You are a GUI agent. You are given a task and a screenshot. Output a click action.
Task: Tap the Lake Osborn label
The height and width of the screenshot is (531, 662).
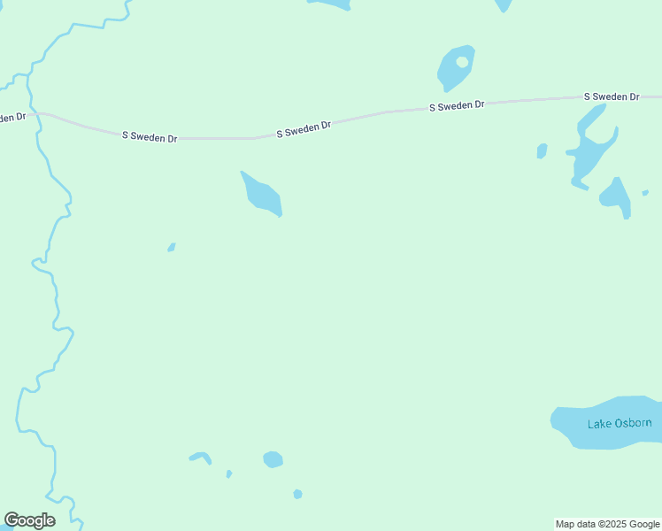tap(620, 423)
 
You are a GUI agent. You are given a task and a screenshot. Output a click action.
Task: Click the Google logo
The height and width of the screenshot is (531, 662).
tap(29, 520)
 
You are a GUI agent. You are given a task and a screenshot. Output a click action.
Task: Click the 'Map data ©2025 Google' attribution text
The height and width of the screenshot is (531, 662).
tap(607, 524)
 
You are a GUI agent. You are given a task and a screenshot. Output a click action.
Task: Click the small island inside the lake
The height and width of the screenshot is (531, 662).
tap(462, 62)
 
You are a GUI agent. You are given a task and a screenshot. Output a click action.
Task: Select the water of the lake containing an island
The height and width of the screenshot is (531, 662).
tap(450, 75)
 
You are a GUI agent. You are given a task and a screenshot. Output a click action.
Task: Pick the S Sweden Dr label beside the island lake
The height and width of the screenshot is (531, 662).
tap(457, 105)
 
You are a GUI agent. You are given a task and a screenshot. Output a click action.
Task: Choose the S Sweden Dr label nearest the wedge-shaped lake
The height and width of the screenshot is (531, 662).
tap(304, 130)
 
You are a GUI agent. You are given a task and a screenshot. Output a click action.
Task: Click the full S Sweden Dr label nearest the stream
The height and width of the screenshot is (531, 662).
tap(150, 137)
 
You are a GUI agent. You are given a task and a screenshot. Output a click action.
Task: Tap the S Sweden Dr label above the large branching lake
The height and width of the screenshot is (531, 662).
tap(611, 96)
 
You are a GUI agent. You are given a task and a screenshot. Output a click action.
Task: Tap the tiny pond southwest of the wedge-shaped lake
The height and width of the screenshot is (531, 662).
tap(172, 247)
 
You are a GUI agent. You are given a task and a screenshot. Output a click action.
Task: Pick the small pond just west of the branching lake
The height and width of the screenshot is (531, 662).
tap(542, 151)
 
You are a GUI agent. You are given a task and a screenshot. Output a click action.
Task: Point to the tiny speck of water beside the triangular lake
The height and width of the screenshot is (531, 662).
tap(645, 192)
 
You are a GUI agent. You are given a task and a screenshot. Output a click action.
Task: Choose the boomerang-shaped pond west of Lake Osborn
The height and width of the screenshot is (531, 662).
tap(201, 457)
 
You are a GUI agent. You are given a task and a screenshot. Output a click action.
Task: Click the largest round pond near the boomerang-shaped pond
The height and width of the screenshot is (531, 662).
tap(273, 459)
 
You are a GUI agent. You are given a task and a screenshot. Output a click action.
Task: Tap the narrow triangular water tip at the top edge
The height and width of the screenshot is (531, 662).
tap(503, 5)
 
